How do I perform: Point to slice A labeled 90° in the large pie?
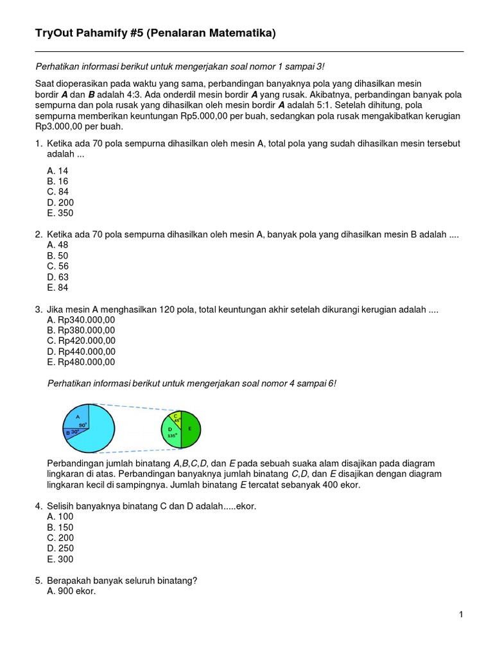click(76, 419)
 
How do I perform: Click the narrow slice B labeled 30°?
click(72, 432)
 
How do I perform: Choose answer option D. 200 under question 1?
click(61, 203)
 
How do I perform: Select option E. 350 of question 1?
click(61, 213)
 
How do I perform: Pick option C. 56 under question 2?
click(58, 266)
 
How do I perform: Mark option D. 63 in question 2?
click(58, 277)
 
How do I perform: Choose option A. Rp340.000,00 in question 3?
click(81, 320)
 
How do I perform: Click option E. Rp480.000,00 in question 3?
click(81, 362)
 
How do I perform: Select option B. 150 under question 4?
click(60, 527)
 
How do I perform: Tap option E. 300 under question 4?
click(60, 559)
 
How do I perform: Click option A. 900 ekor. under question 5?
click(71, 591)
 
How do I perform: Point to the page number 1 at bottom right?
click(461, 615)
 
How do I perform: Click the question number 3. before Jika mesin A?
click(39, 309)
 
